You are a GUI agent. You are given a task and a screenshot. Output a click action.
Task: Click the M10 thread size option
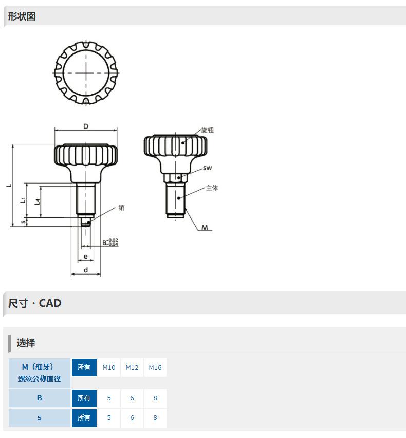pos(108,368)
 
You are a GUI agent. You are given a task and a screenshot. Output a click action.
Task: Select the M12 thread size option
pos(132,368)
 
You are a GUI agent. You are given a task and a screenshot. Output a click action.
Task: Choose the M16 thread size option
pos(155,368)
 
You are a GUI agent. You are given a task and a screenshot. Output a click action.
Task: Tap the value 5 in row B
pos(108,398)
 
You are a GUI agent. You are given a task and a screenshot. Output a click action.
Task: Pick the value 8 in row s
pos(155,417)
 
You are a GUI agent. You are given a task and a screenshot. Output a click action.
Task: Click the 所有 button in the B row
pos(84,398)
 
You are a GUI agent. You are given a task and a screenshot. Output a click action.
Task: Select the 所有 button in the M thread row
pos(84,368)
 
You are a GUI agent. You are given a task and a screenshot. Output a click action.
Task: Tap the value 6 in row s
pos(132,417)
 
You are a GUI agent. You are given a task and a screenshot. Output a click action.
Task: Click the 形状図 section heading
pos(22,16)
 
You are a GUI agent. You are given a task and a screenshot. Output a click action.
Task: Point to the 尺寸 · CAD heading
pos(34,303)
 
